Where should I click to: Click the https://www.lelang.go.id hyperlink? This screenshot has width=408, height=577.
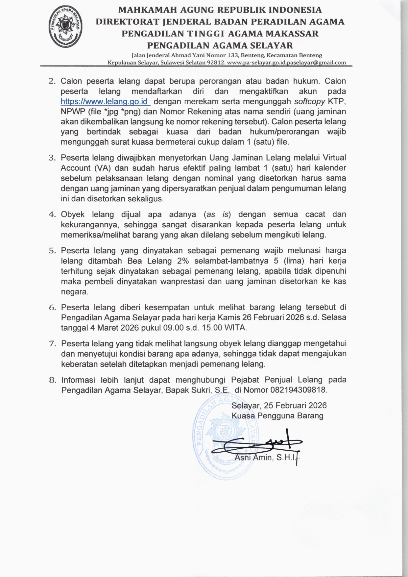105,101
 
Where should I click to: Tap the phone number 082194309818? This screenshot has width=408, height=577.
298,390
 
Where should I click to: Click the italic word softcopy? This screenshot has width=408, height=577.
309,101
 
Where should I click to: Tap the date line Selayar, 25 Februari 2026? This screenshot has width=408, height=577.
279,406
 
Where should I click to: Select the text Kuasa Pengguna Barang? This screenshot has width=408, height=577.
277,416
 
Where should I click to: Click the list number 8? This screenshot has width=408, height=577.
53,380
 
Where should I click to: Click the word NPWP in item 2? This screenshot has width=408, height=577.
72,112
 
